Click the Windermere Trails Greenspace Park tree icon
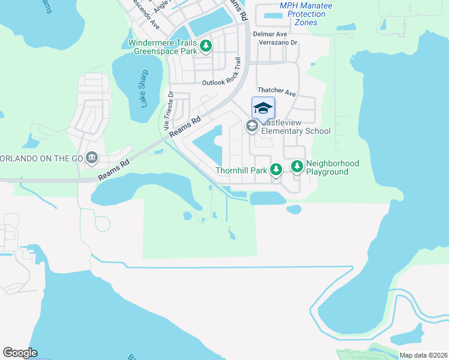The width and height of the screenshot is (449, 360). [206, 46]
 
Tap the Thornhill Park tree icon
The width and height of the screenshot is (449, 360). [276, 170]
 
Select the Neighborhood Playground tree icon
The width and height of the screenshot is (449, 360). [297, 166]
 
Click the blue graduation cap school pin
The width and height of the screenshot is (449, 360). [263, 108]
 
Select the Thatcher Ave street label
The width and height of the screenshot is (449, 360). [277, 93]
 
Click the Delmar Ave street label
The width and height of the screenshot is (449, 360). [270, 35]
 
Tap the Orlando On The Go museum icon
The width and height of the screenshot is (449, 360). [92, 158]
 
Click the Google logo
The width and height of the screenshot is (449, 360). [20, 353]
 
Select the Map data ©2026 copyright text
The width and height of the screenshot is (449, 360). [423, 355]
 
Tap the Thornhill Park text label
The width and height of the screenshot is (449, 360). [242, 171]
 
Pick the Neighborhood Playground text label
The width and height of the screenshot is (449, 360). [333, 168]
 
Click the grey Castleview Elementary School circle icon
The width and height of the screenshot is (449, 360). [252, 126]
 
